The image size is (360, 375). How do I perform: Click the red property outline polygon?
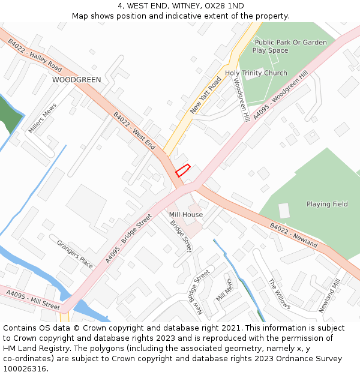point(182,170)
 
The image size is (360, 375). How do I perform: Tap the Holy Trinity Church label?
point(256,73)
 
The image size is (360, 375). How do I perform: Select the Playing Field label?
point(327,204)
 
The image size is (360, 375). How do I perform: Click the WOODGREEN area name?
point(76,79)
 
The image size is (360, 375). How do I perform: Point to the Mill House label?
point(186,214)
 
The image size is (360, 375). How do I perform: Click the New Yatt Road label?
point(206,95)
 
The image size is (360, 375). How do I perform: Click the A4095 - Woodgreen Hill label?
point(280,94)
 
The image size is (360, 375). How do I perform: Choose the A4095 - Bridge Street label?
point(129,239)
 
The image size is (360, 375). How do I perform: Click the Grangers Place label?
point(75,254)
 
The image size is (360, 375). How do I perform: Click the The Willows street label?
point(279,294)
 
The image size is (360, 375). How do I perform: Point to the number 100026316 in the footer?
point(24,368)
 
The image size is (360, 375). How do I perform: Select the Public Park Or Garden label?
point(291,42)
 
